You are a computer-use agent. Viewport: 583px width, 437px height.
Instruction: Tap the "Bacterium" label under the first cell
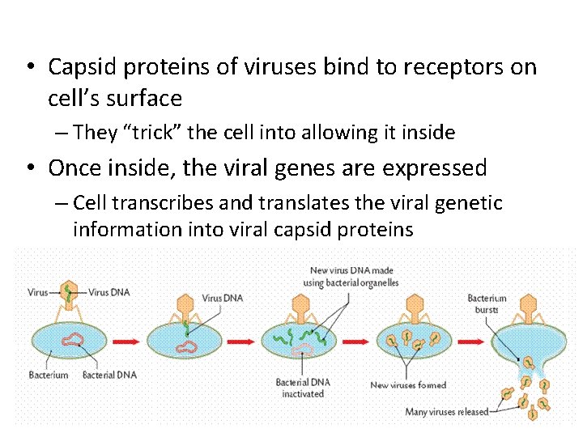(x=48, y=375)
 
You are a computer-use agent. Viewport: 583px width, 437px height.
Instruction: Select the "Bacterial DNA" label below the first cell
(x=109, y=375)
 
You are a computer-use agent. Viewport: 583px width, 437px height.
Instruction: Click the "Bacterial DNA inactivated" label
(x=302, y=388)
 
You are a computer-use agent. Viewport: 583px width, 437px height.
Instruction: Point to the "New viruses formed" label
(x=408, y=385)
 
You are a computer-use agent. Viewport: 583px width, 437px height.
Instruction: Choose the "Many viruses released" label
(x=447, y=412)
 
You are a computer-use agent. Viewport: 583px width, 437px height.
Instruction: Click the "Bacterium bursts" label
(x=487, y=303)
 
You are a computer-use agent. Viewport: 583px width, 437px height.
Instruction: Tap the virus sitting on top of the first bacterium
(x=70, y=297)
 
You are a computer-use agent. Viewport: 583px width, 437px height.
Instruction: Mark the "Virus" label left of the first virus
(x=38, y=291)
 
